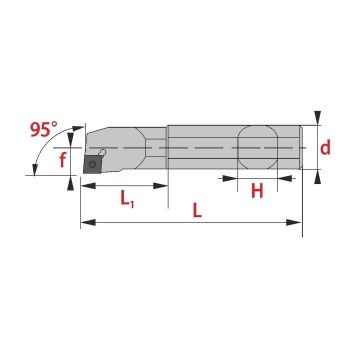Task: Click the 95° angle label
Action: [x=44, y=130]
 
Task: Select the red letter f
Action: [x=62, y=159]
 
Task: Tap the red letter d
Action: [x=325, y=147]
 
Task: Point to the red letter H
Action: [x=257, y=191]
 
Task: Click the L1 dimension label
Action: [x=127, y=199]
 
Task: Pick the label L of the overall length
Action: [x=197, y=211]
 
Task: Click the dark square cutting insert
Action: [x=92, y=164]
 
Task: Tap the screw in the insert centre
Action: [x=92, y=164]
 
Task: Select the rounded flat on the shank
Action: [x=257, y=147]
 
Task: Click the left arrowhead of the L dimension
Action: [x=88, y=222]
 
